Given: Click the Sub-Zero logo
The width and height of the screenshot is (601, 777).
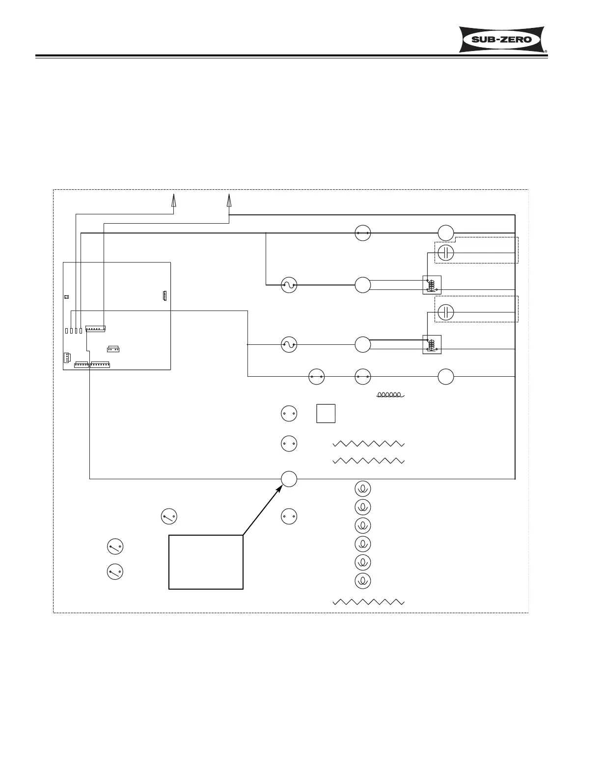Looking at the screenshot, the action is [x=502, y=39].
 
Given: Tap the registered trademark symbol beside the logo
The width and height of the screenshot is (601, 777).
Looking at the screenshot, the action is [x=546, y=51].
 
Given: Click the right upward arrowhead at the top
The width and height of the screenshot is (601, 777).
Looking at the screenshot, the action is [x=229, y=200].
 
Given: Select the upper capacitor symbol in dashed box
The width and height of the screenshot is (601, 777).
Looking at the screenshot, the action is [x=446, y=253].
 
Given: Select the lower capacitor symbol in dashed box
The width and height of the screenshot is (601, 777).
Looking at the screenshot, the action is [x=446, y=312].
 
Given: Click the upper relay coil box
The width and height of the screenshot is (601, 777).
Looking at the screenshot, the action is [x=432, y=285].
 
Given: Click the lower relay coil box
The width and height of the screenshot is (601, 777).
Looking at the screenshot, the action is [x=432, y=344].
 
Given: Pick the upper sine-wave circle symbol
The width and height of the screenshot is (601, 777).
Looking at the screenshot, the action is [x=289, y=285].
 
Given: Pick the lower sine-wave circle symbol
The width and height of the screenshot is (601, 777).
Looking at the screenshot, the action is [x=289, y=345].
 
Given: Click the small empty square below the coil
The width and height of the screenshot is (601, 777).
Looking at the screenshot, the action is [x=326, y=414].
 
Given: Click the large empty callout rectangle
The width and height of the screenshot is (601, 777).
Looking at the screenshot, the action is [x=206, y=562].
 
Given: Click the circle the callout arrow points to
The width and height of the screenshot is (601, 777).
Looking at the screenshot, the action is [x=289, y=479].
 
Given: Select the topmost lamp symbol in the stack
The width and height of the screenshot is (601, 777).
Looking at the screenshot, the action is [x=363, y=489].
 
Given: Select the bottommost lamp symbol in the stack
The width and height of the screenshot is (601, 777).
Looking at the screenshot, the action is [x=363, y=581].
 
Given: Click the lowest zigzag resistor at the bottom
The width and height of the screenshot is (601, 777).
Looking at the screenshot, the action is [x=368, y=602].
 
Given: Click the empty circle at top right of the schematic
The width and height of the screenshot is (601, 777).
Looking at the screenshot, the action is [x=446, y=233].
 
